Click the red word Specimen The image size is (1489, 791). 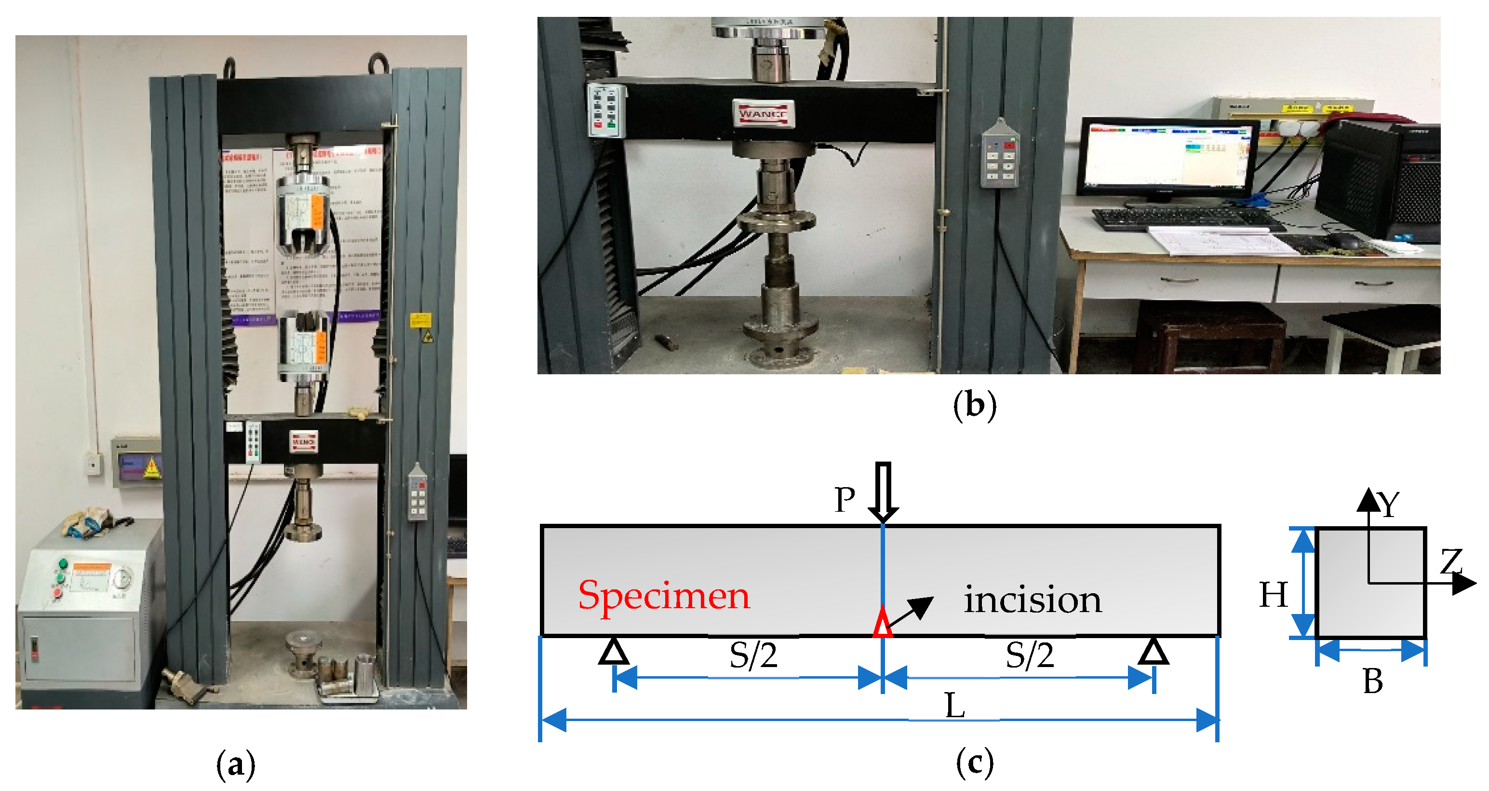[x=664, y=596]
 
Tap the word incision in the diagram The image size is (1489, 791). [x=1033, y=600]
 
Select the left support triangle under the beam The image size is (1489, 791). [x=614, y=652]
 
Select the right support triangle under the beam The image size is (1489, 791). [x=1154, y=652]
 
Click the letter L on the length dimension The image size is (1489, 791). [x=955, y=706]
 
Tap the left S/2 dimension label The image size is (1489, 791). [x=753, y=655]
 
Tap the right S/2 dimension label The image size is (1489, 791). [x=1030, y=655]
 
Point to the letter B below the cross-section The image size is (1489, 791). [x=1373, y=681]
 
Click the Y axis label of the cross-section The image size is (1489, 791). [x=1388, y=504]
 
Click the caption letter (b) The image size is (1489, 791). [x=975, y=405]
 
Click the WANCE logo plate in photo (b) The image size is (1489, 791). [x=763, y=113]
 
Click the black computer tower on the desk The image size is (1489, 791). [x=1379, y=179]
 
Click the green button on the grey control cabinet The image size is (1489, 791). [x=63, y=564]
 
